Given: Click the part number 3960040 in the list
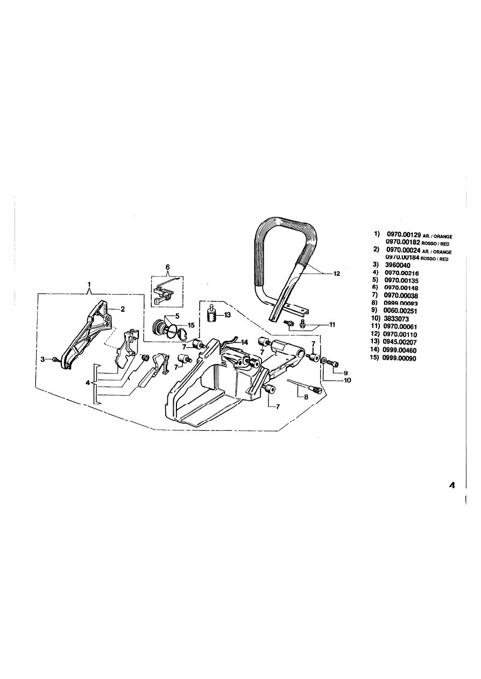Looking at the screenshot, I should [x=398, y=265].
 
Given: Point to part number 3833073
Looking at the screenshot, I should [x=398, y=318].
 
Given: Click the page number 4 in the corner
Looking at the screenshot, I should [x=452, y=485].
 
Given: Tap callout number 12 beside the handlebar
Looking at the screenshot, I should [x=337, y=274].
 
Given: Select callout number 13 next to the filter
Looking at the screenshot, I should [x=228, y=315].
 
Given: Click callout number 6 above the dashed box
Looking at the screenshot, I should [x=167, y=267].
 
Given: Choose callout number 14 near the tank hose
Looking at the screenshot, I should [x=244, y=342].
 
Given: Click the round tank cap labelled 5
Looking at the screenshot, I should [x=161, y=328].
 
